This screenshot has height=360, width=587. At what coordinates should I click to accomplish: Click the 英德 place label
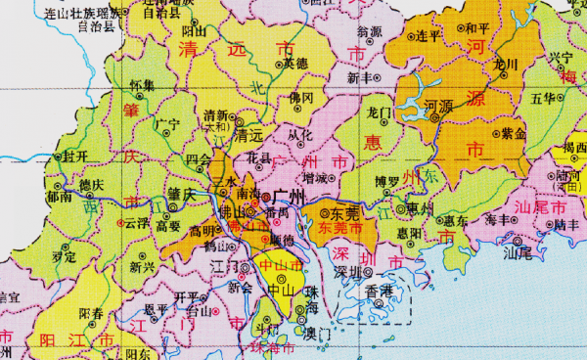(x=295, y=65)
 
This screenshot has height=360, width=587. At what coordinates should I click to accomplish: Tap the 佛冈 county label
(x=301, y=99)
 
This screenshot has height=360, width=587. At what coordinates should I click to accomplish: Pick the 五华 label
(x=543, y=99)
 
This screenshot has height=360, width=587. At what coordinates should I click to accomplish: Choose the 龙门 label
(x=380, y=113)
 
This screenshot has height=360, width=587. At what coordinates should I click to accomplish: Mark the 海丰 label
(x=497, y=222)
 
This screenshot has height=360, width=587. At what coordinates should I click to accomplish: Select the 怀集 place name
(x=142, y=86)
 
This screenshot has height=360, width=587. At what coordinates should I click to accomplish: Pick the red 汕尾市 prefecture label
(x=544, y=208)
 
